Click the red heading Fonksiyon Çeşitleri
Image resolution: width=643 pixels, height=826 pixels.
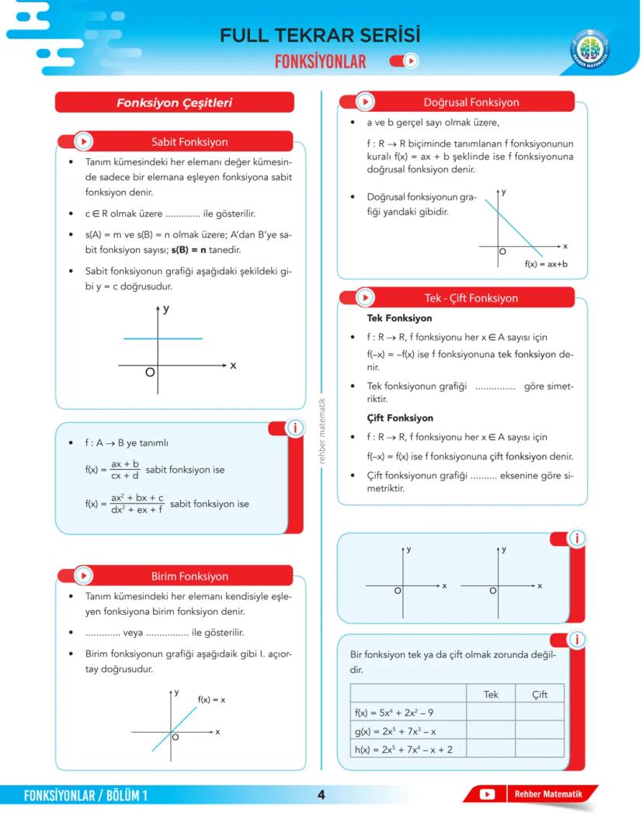point(174,102)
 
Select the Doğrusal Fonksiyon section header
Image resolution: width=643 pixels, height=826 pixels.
point(471,102)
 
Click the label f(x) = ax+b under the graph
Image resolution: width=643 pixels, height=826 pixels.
point(545,264)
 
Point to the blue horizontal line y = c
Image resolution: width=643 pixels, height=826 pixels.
point(163,338)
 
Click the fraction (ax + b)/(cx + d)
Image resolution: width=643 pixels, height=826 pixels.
point(125,470)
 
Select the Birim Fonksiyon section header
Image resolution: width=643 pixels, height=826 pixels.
point(189,576)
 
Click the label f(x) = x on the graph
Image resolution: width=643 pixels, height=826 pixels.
point(211,699)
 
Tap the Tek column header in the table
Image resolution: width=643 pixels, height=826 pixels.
point(491,694)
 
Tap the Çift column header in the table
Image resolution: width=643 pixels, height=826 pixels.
point(540,694)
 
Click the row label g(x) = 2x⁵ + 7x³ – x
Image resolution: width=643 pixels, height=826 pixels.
point(407,731)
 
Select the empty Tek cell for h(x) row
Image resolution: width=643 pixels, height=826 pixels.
point(491,749)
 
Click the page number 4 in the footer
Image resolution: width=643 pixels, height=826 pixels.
point(321,794)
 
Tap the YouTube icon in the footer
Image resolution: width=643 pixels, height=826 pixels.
point(487,794)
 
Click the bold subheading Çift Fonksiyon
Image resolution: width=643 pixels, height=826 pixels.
point(400,418)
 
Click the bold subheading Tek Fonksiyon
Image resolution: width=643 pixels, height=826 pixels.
point(399,318)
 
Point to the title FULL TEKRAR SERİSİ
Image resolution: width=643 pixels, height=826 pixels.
point(320,36)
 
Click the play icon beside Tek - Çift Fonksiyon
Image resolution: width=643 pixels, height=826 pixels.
point(364,298)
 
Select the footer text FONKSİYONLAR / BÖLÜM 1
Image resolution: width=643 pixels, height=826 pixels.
point(85,795)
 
